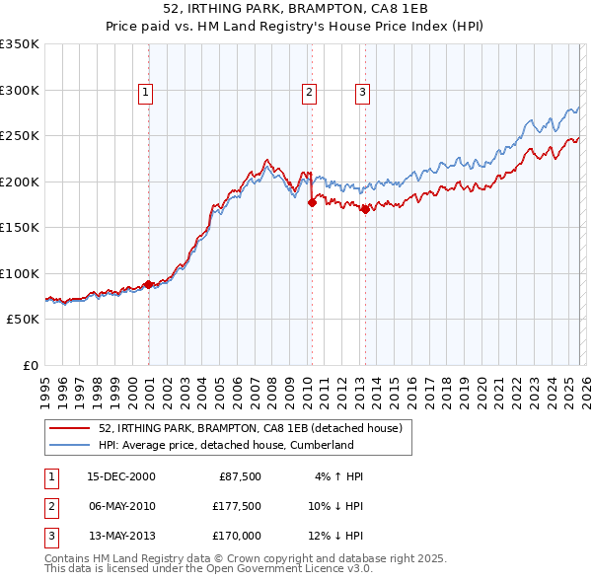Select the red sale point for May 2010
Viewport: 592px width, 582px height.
pos(312,202)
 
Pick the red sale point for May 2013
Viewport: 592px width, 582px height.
pos(365,209)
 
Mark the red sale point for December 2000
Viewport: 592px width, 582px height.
pos(149,284)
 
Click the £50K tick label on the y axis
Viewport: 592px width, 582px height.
pos(23,320)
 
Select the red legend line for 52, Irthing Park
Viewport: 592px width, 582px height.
pos(69,429)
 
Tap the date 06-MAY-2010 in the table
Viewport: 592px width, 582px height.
pos(121,506)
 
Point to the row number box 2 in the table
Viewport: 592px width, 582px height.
pos(50,506)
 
